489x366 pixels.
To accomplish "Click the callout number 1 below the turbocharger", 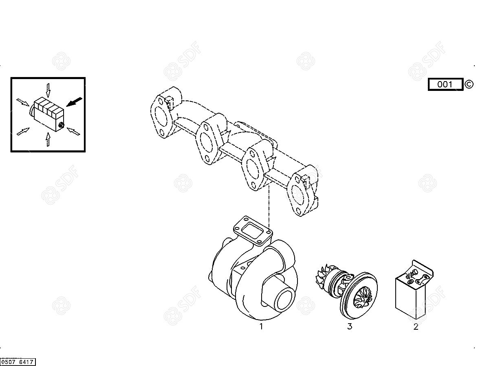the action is pos(261,326).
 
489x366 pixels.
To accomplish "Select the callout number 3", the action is pos(350,326).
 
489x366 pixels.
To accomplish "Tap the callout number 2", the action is pos(416,327).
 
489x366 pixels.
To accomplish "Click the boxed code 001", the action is pos(445,84).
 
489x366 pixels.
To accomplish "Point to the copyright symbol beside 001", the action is pos(469,84).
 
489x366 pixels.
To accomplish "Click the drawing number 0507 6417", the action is pos(18,362).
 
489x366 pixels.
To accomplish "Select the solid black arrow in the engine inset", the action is pos(74,102).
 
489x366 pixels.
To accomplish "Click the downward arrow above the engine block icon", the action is pos(48,90).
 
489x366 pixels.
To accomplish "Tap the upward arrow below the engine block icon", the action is pos(48,139).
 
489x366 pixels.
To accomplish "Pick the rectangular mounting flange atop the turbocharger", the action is pos(253,231).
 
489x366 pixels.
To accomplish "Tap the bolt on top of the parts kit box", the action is pos(414,272).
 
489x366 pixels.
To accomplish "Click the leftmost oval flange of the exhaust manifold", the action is pos(161,117).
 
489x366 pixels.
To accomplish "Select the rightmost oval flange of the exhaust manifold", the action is pos(298,195).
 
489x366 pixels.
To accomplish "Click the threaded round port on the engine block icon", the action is pos(61,125).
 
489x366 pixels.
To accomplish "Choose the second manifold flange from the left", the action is pos(207,143).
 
